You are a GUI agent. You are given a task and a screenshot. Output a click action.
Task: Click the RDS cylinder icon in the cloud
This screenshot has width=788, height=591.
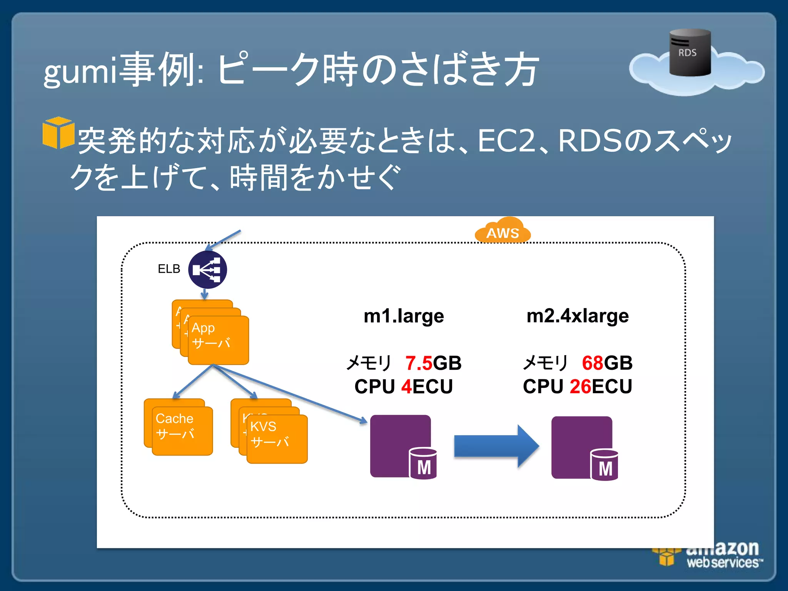[x=689, y=53]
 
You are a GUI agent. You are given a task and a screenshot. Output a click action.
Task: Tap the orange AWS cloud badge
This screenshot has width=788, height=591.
[x=503, y=231]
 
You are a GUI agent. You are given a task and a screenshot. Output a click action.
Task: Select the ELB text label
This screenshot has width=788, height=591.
[x=169, y=269]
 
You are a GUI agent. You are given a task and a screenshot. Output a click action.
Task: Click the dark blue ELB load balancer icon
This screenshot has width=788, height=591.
[x=207, y=270]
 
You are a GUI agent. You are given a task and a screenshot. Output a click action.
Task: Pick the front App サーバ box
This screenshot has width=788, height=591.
[x=218, y=341]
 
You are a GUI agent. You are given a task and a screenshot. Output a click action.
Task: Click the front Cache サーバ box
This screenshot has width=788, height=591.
[x=182, y=431]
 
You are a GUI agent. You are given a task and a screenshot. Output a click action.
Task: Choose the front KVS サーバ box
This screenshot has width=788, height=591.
[x=277, y=439]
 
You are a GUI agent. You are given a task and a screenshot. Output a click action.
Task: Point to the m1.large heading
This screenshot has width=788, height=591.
[x=404, y=316]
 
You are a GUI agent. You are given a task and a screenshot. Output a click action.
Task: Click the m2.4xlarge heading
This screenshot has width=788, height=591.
[x=577, y=316]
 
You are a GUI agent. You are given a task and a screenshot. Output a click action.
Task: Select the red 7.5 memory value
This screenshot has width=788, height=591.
[x=419, y=363]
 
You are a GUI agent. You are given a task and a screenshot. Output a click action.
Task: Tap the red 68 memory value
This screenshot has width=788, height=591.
[x=593, y=363]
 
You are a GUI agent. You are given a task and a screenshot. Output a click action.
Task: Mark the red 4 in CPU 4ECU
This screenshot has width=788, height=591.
[x=407, y=386]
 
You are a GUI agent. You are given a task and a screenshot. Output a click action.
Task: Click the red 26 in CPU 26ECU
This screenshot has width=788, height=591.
[x=580, y=386]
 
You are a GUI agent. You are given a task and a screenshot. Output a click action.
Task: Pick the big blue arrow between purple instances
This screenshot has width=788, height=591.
[x=496, y=446]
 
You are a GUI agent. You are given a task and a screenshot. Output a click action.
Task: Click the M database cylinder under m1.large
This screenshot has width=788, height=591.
[x=423, y=464]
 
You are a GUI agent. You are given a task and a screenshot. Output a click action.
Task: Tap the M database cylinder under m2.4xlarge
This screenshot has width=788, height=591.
[x=604, y=465]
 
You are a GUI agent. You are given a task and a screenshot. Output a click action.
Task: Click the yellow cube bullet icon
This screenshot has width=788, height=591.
[x=58, y=133]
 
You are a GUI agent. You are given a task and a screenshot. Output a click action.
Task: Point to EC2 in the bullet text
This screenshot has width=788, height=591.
[x=506, y=141]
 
